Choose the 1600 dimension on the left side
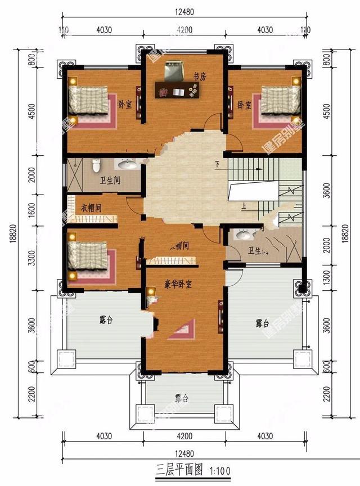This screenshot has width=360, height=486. [32, 209]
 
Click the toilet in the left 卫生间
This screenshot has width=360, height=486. [96, 166]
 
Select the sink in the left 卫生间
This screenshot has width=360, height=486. [127, 165]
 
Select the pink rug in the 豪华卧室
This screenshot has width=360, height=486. [183, 330]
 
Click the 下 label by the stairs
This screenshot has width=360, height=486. [217, 165]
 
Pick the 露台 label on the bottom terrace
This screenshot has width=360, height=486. [181, 399]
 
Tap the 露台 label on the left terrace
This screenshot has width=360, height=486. [106, 320]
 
